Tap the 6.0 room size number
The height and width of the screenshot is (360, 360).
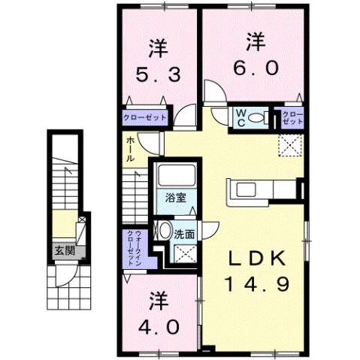point(257,67)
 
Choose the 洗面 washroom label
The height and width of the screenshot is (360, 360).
point(185,234)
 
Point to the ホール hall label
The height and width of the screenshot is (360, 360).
point(131,150)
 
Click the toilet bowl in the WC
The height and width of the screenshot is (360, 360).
point(256,117)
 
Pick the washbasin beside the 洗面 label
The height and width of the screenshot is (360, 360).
point(164,231)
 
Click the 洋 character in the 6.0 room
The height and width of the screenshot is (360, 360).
point(257,41)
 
